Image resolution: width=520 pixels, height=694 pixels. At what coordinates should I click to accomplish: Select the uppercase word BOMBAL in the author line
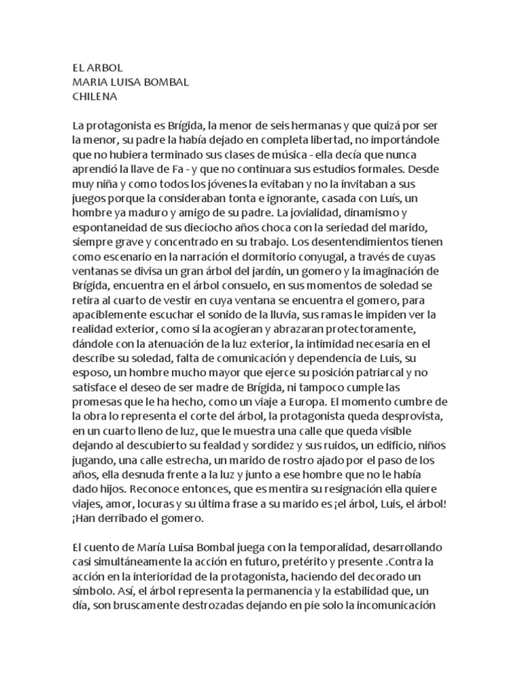pos(165,82)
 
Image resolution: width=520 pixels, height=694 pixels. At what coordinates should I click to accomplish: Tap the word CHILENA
pos(95,96)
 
